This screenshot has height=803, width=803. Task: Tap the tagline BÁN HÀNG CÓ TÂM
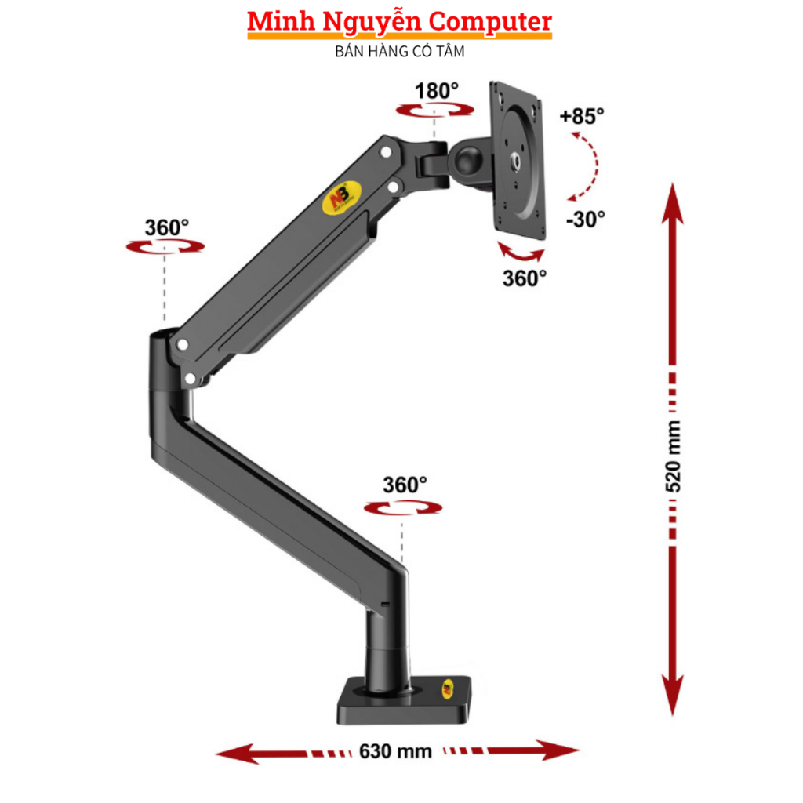pyautogui.click(x=400, y=53)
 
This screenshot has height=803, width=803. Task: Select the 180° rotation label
pyautogui.click(x=437, y=91)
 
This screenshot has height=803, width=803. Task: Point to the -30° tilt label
pyautogui.click(x=585, y=219)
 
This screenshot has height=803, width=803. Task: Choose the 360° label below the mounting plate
pyautogui.click(x=525, y=278)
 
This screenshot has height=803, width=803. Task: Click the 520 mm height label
pyautogui.click(x=673, y=456)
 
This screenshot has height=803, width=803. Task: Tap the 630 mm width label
pyautogui.click(x=396, y=750)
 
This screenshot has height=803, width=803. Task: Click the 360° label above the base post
pyautogui.click(x=405, y=485)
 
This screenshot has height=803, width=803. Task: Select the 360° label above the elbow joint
pyautogui.click(x=166, y=227)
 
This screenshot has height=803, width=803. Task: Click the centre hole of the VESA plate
pyautogui.click(x=518, y=161)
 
